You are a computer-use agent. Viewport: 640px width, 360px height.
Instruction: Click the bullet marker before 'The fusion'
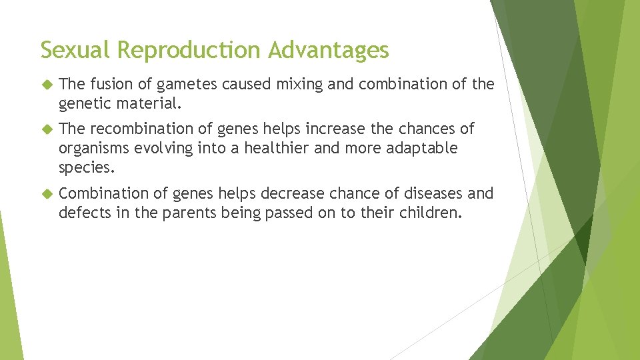click(45, 85)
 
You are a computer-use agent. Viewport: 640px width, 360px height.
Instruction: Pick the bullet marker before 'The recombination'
click(45, 129)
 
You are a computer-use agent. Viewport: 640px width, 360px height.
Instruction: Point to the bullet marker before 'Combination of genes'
click(45, 194)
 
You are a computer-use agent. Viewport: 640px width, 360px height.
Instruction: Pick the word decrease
click(290, 193)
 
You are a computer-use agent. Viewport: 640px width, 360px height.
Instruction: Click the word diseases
click(430, 193)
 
